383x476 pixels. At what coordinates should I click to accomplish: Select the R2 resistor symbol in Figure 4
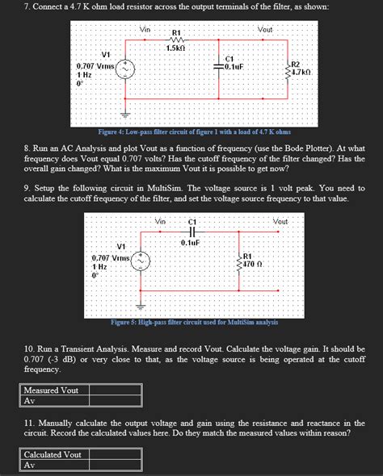[x=284, y=71]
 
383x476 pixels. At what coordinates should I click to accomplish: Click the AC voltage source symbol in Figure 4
[x=124, y=69]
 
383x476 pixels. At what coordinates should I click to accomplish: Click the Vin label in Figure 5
[x=160, y=221]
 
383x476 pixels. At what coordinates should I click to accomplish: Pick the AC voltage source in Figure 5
[x=141, y=261]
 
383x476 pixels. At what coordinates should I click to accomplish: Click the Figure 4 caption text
[x=194, y=131]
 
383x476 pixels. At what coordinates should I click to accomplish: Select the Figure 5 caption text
[x=194, y=322]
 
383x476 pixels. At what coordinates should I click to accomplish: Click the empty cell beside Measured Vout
[x=128, y=390]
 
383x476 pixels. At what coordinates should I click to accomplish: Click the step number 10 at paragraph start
[x=30, y=346]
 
